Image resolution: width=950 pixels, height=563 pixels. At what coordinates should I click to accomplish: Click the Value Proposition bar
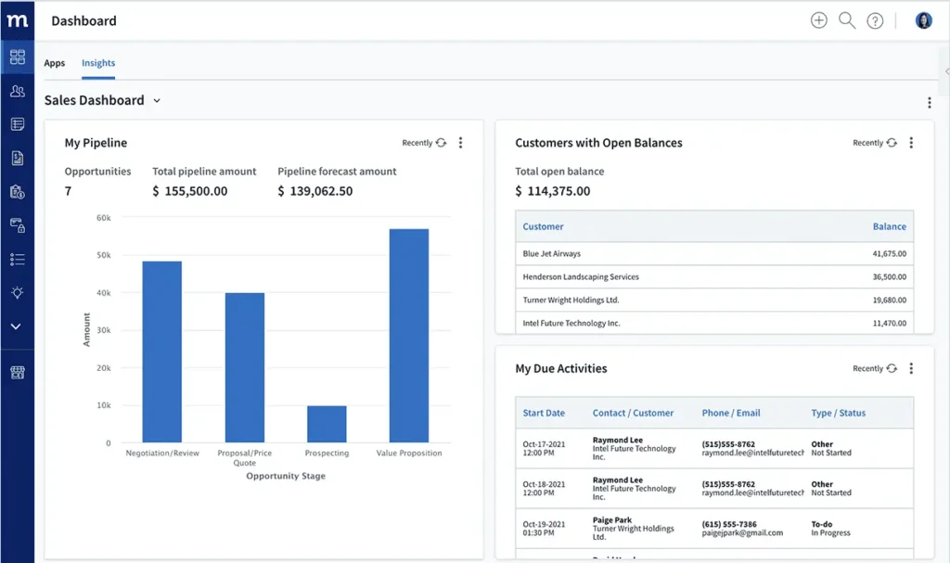(408, 335)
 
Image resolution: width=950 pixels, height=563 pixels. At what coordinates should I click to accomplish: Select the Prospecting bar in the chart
(327, 424)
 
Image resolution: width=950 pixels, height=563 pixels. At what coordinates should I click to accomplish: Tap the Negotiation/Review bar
(161, 352)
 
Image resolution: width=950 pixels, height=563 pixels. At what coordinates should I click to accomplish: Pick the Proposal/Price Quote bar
(244, 367)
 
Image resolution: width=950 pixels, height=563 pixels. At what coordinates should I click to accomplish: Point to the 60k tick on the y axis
(104, 217)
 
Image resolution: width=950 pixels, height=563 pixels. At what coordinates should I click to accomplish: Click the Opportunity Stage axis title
(286, 476)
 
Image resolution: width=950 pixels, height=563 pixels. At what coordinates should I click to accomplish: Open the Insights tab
(98, 63)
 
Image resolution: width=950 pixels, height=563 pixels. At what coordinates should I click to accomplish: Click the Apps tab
(55, 63)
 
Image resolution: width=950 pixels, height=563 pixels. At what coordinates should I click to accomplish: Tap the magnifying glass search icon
(846, 20)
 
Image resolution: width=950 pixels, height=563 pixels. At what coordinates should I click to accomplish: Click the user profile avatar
(923, 20)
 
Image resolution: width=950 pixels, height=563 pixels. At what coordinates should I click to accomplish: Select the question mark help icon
(875, 20)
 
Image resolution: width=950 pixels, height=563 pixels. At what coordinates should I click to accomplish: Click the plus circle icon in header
(818, 20)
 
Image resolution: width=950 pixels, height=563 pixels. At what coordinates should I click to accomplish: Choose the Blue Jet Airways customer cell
(552, 253)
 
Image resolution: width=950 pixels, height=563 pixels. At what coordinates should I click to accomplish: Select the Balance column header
(889, 226)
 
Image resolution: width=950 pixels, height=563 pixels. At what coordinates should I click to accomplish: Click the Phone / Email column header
(731, 413)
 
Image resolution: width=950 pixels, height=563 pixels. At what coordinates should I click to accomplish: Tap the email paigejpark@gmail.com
(742, 533)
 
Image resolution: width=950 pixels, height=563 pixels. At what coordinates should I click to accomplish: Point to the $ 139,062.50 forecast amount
(315, 191)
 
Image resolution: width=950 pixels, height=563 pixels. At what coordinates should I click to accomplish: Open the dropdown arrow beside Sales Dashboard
(157, 100)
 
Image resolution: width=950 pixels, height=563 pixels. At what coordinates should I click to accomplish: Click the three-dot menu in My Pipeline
(461, 143)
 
